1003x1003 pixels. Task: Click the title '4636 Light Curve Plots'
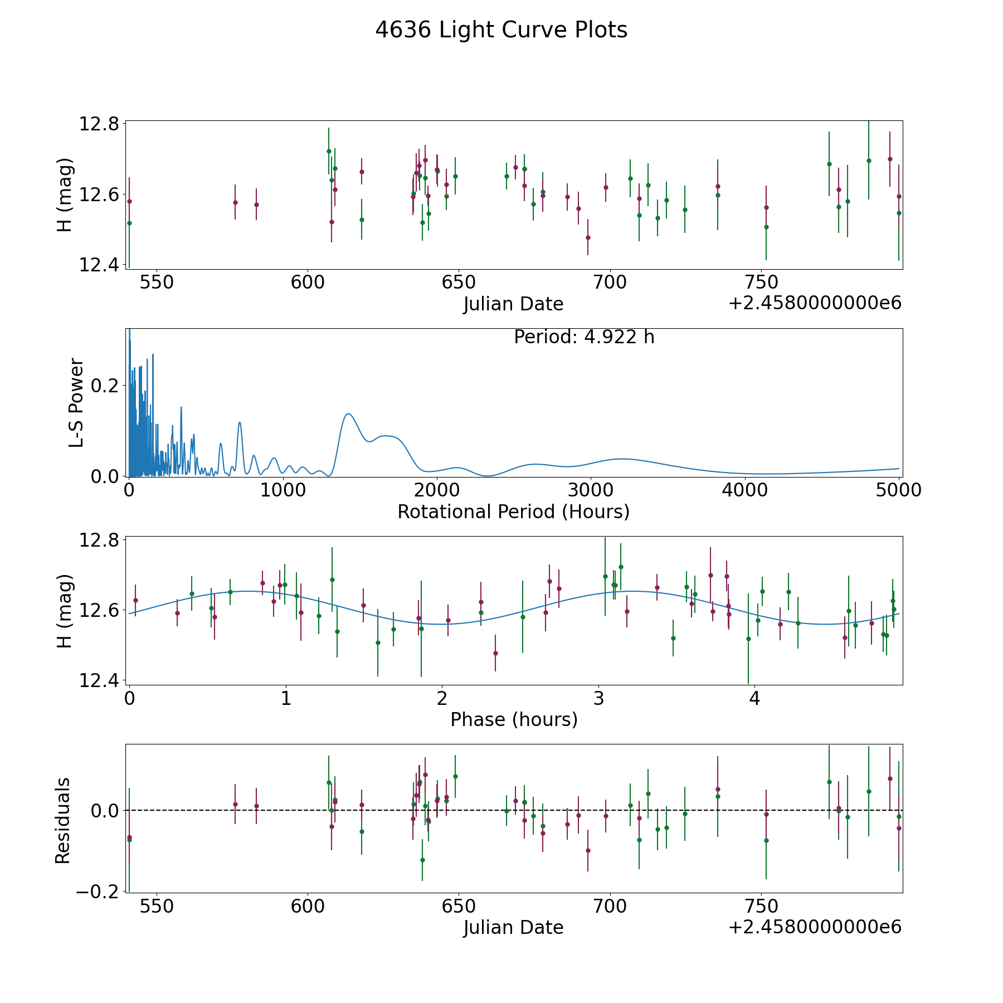pyautogui.click(x=501, y=30)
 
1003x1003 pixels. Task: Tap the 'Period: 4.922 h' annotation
pyautogui.click(x=584, y=337)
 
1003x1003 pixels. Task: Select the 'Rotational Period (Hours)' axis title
pyautogui.click(x=513, y=512)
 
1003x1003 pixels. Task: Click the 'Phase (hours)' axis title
pyautogui.click(x=514, y=719)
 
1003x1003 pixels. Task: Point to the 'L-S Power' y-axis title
pyautogui.click(x=76, y=402)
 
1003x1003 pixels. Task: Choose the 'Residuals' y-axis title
pyautogui.click(x=63, y=820)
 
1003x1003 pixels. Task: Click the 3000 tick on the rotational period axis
pyautogui.click(x=590, y=490)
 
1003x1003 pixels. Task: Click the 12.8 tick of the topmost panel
pyautogui.click(x=98, y=124)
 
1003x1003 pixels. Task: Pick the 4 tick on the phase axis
pyautogui.click(x=754, y=698)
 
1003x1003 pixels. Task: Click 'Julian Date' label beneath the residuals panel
pyautogui.click(x=513, y=928)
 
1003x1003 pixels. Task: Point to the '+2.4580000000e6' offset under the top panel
pyautogui.click(x=815, y=304)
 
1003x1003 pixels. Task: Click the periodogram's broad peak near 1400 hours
pyautogui.click(x=348, y=413)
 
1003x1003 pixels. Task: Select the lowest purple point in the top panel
pyautogui.click(x=588, y=237)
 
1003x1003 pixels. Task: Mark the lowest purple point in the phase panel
pyautogui.click(x=495, y=653)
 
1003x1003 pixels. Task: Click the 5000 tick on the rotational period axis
pyautogui.click(x=898, y=490)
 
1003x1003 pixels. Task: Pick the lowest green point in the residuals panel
pyautogui.click(x=422, y=860)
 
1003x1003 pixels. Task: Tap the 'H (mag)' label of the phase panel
pyautogui.click(x=65, y=611)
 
